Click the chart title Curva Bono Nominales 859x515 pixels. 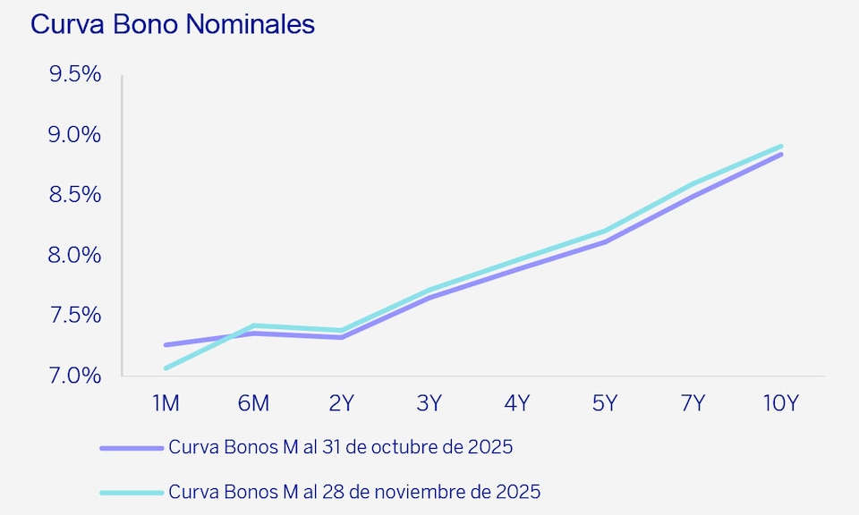[x=173, y=24]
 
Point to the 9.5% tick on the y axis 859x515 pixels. [x=74, y=74]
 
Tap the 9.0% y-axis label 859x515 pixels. [x=74, y=135]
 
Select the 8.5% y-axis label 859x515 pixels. [x=74, y=195]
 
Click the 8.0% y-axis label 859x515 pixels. [x=74, y=255]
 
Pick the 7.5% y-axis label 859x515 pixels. [x=74, y=316]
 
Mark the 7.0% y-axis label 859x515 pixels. [x=74, y=376]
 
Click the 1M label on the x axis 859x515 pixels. [x=166, y=403]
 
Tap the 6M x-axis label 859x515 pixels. [x=253, y=403]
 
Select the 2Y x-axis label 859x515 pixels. [x=341, y=403]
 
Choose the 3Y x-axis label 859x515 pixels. [x=429, y=403]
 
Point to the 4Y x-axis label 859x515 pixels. [x=516, y=403]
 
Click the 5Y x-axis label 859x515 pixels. [x=605, y=403]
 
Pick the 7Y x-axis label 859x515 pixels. [x=693, y=403]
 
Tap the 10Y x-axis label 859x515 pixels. [x=780, y=403]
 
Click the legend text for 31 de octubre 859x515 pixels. [x=340, y=447]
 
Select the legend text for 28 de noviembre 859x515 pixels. [x=354, y=492]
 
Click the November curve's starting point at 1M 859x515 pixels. [x=166, y=367]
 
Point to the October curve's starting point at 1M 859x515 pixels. [x=166, y=344]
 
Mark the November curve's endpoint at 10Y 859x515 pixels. [x=780, y=147]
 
